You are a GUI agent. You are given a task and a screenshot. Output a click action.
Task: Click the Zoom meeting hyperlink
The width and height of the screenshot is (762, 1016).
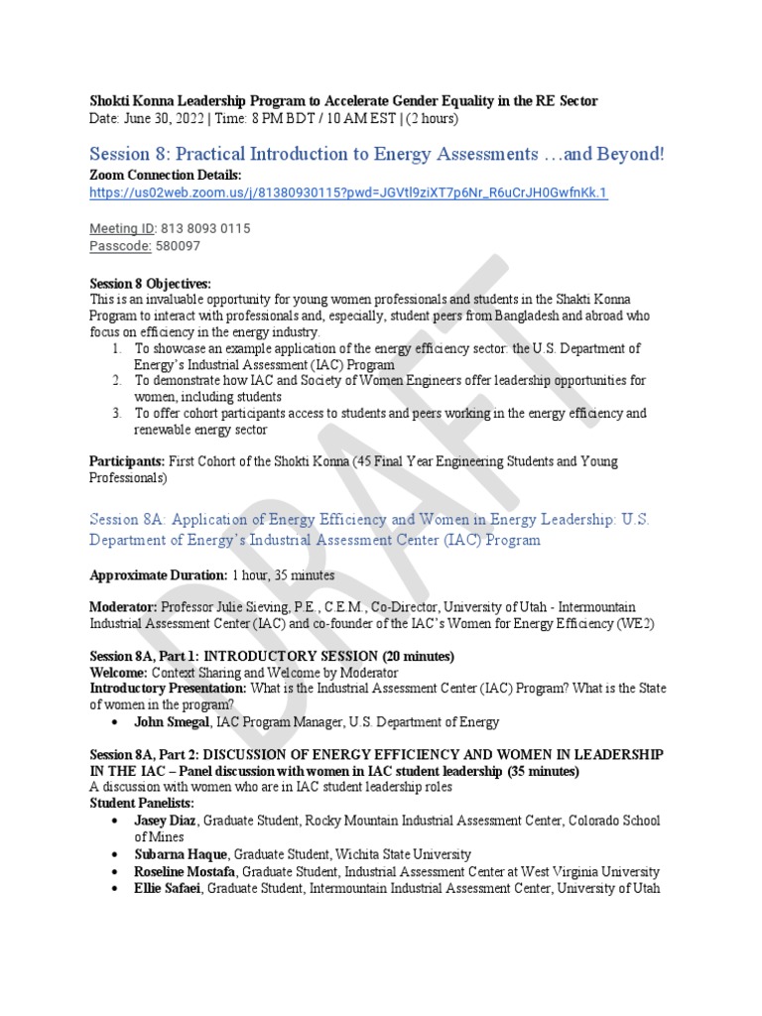[347, 192]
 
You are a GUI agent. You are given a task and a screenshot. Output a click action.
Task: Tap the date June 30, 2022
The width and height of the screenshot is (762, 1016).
[165, 119]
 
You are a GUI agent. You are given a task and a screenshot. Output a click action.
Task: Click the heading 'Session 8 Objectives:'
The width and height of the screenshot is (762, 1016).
[150, 284]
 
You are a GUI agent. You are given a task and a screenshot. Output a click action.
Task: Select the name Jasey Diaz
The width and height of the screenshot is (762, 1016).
[167, 821]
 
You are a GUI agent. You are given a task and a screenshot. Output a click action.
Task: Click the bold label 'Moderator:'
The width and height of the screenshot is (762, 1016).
[123, 606]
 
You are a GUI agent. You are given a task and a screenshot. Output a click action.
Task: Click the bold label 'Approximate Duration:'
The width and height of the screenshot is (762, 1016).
[159, 574]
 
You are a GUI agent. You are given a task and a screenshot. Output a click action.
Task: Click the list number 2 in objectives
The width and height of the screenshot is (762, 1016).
[116, 380]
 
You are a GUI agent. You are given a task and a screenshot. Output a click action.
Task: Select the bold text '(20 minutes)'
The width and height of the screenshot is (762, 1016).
[418, 656]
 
